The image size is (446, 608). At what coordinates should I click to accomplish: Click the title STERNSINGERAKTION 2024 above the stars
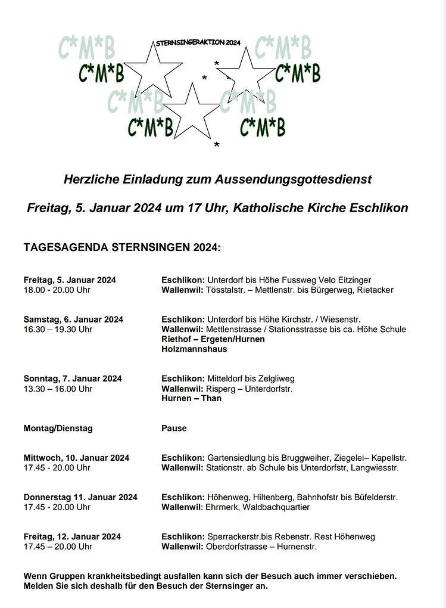[x=198, y=43]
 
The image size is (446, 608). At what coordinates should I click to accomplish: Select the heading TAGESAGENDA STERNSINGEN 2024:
[x=122, y=247]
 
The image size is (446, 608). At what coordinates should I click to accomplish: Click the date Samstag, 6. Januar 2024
[x=73, y=319]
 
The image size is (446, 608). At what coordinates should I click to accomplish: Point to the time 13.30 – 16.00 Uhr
[x=58, y=389]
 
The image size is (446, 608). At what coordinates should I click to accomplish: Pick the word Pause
[x=174, y=428]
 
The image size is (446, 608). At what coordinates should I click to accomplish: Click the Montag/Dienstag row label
[x=58, y=428]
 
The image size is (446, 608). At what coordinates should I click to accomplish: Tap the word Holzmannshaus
[x=194, y=349]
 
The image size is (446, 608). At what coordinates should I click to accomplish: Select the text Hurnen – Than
[x=191, y=398]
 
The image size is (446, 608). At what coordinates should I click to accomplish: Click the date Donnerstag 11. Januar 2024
[x=80, y=497]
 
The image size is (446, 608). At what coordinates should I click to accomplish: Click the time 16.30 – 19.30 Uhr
[x=58, y=329]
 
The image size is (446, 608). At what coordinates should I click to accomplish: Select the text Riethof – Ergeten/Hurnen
[x=213, y=339]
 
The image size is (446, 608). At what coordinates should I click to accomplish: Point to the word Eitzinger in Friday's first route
[x=353, y=280]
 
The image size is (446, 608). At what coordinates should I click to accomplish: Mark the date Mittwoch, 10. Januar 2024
[x=76, y=458]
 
